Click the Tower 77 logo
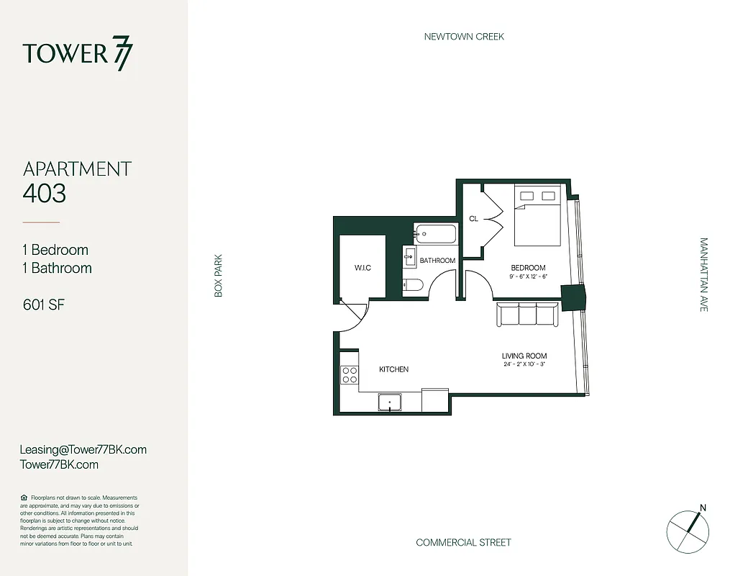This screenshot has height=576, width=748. click(x=78, y=55)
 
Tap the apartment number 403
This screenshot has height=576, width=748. click(x=45, y=193)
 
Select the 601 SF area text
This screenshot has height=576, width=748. click(x=44, y=305)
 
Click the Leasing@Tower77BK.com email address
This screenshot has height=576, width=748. click(x=83, y=449)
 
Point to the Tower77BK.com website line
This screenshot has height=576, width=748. click(x=60, y=464)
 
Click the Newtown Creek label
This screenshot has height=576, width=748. click(x=464, y=36)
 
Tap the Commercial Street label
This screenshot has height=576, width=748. click(x=463, y=542)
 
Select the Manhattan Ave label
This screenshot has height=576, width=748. click(x=703, y=274)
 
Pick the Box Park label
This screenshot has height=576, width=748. click(x=218, y=275)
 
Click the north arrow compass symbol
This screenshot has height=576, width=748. click(x=688, y=531)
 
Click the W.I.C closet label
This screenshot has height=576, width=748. click(x=362, y=269)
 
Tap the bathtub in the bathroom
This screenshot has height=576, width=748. click(x=435, y=234)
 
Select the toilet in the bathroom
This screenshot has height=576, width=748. click(x=412, y=285)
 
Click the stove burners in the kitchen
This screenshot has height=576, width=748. click(x=350, y=374)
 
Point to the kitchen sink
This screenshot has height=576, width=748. click(x=391, y=402)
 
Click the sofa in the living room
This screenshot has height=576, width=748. click(x=526, y=315)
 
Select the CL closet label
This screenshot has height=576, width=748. click(x=473, y=218)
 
